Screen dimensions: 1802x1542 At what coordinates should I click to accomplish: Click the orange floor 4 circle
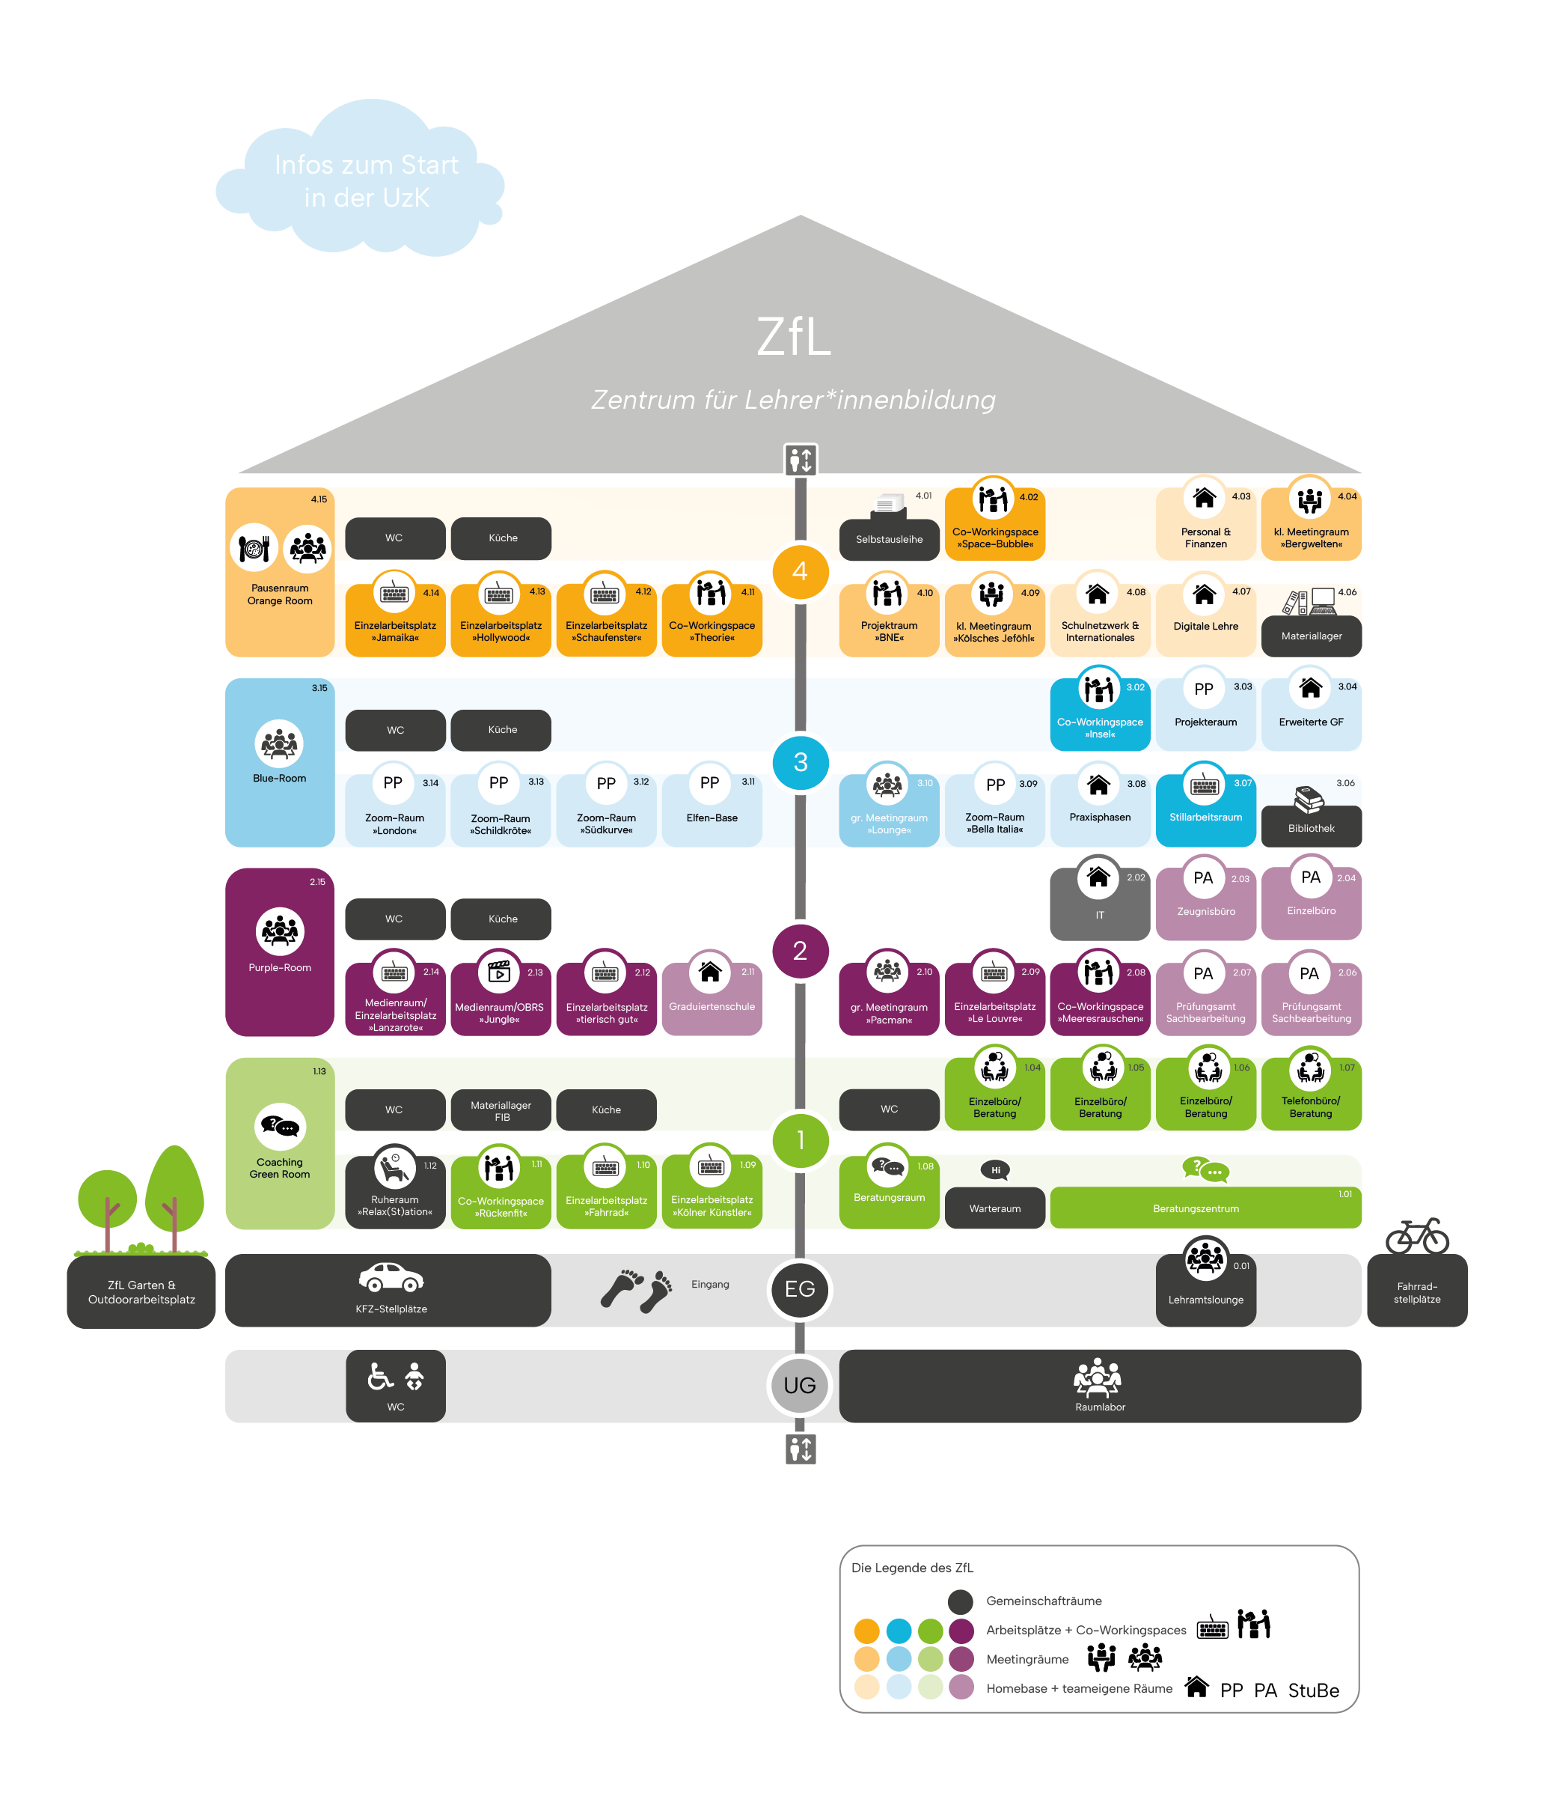(x=800, y=571)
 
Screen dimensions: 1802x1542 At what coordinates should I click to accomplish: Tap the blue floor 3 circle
(x=800, y=762)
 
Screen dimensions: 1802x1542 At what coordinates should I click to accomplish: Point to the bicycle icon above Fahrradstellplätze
(x=1417, y=1235)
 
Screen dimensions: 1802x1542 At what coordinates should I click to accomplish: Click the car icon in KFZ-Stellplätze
(x=391, y=1278)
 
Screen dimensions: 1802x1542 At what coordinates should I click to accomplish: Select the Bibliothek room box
(x=1311, y=827)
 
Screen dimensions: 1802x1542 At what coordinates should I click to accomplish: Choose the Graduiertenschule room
(x=712, y=1005)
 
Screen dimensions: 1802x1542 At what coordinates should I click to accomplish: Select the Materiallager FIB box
(x=501, y=1109)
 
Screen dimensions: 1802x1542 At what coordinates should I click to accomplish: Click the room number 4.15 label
(x=319, y=499)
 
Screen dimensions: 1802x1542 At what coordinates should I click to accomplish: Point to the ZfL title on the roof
(x=794, y=337)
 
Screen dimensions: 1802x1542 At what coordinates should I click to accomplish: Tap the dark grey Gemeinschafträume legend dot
(x=961, y=1601)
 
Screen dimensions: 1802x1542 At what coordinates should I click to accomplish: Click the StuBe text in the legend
(x=1312, y=1690)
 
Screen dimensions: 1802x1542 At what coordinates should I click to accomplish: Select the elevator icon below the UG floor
(x=801, y=1449)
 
